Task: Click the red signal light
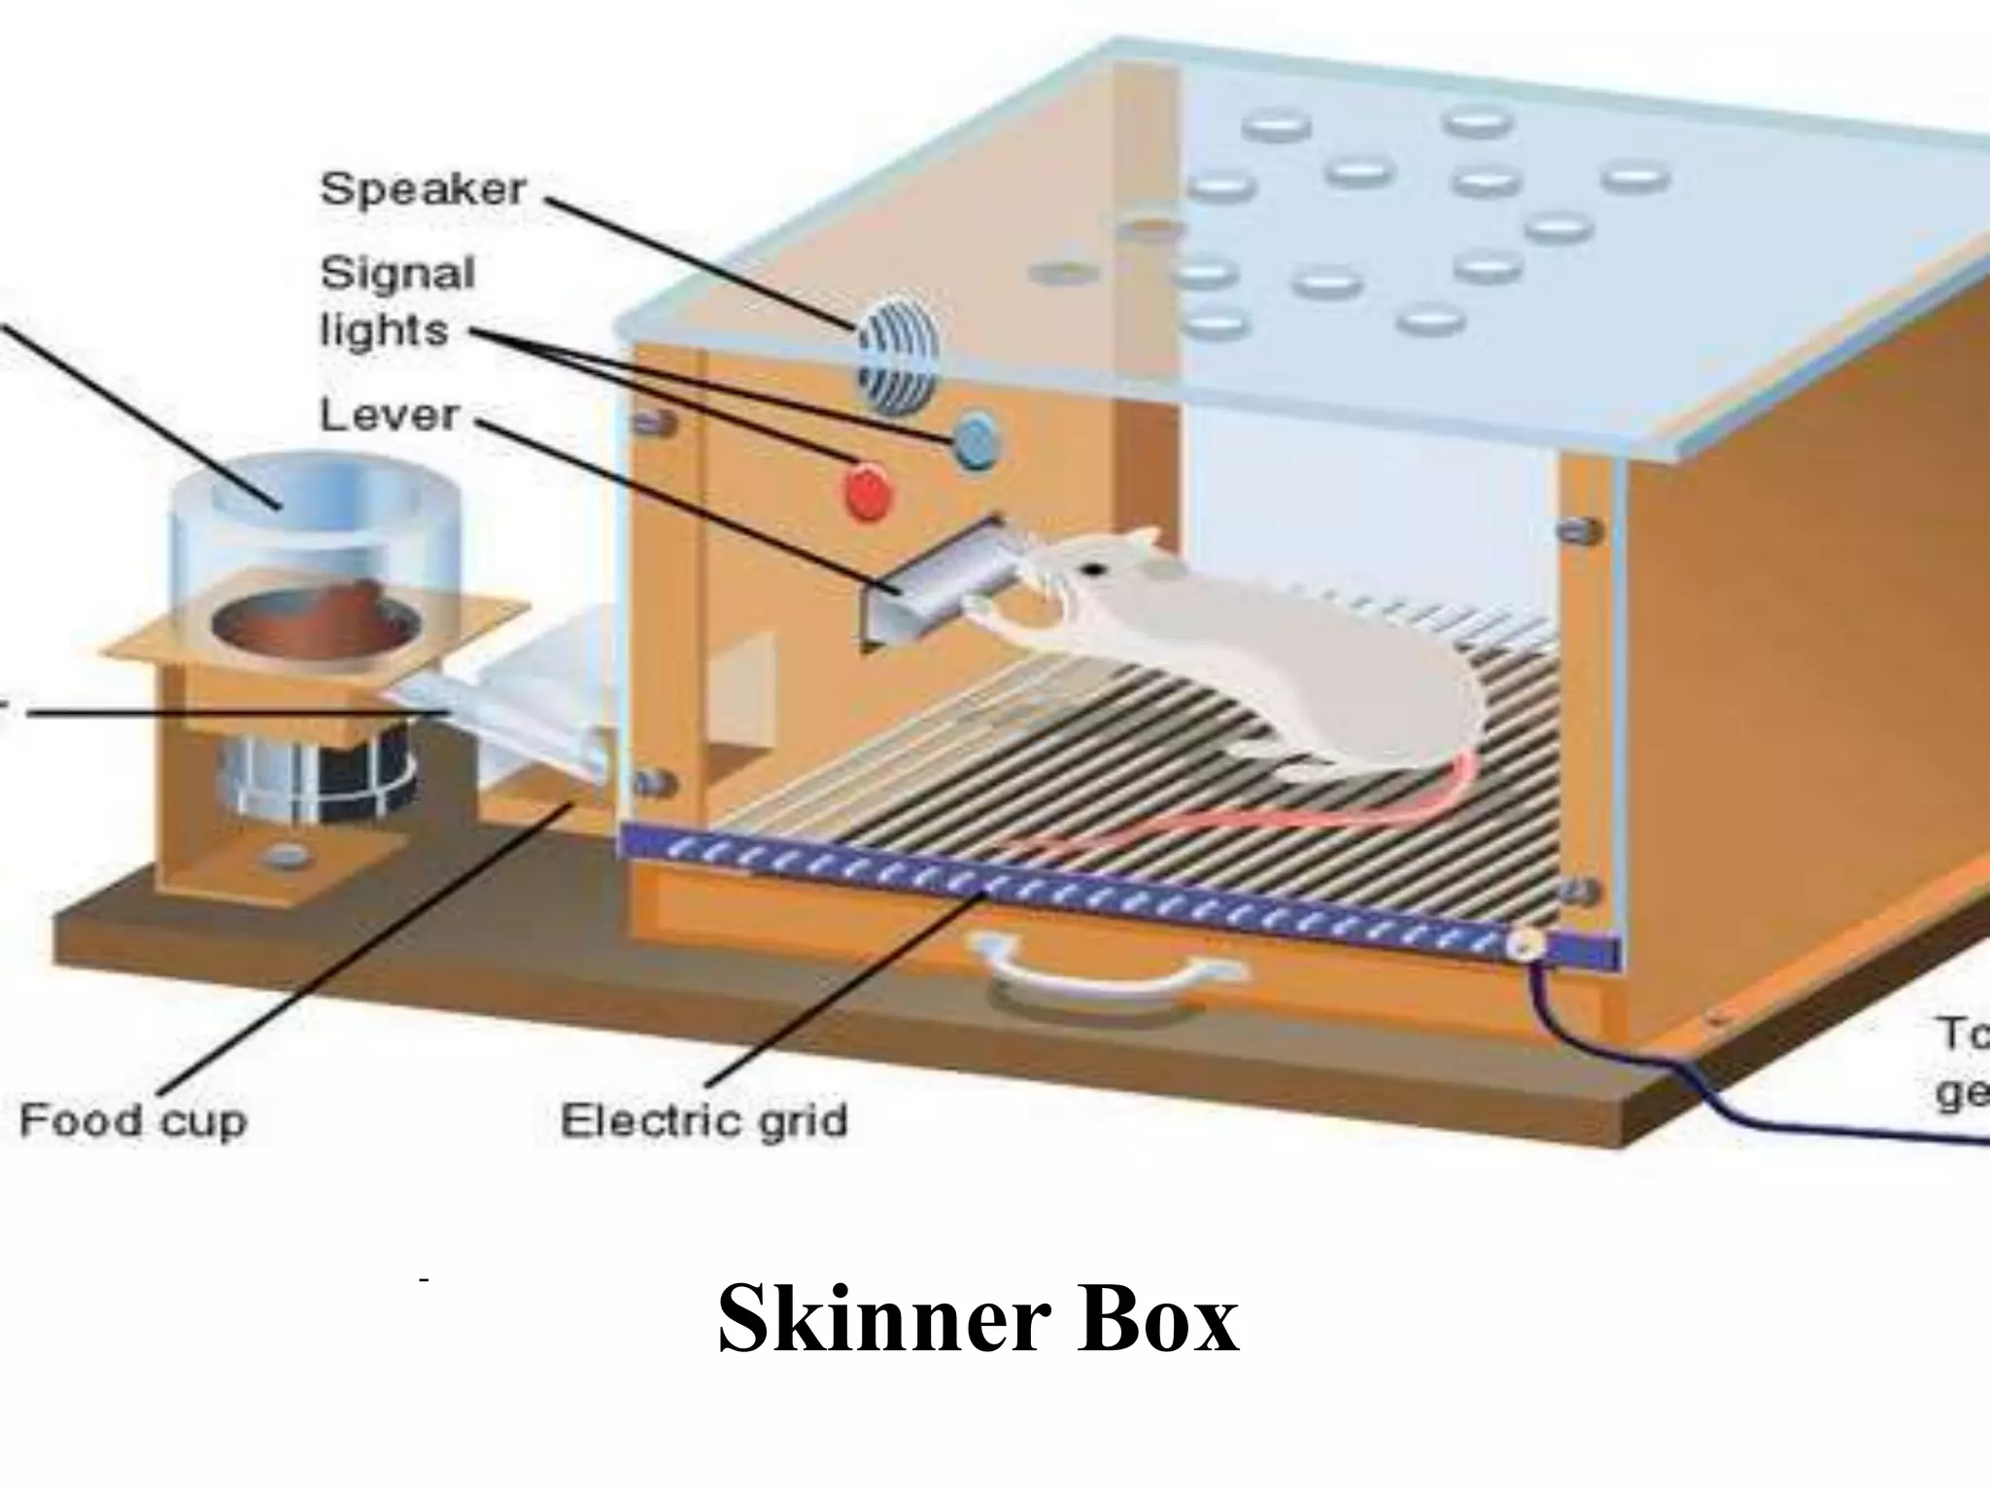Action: [x=869, y=492]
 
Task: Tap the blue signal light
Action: [x=976, y=441]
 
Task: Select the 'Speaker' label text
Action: [x=424, y=188]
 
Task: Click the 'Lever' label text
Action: [x=389, y=416]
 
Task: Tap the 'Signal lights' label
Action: [x=396, y=302]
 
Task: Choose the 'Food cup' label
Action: [x=133, y=1121]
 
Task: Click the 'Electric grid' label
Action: [x=704, y=1121]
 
